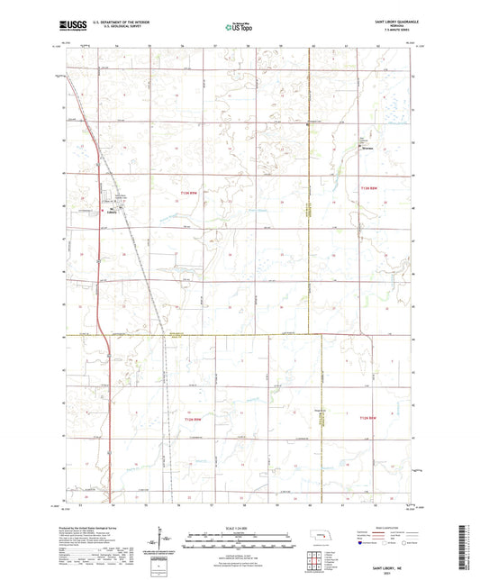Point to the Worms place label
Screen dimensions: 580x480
(x=367, y=150)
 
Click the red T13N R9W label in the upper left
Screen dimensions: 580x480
(x=186, y=187)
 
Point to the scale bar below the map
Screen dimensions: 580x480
(x=240, y=537)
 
